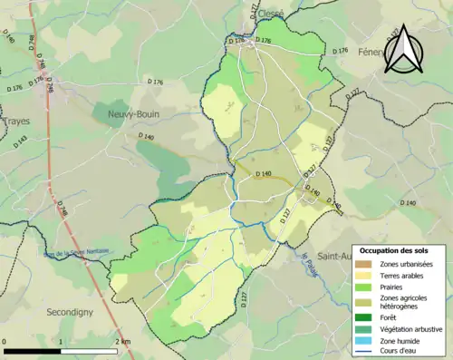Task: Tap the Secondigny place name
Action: pos(74,311)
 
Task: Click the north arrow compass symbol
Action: pos(400,50)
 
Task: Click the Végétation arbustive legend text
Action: pos(413,328)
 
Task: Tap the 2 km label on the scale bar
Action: pos(123,341)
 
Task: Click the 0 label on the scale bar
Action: pos(5,341)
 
